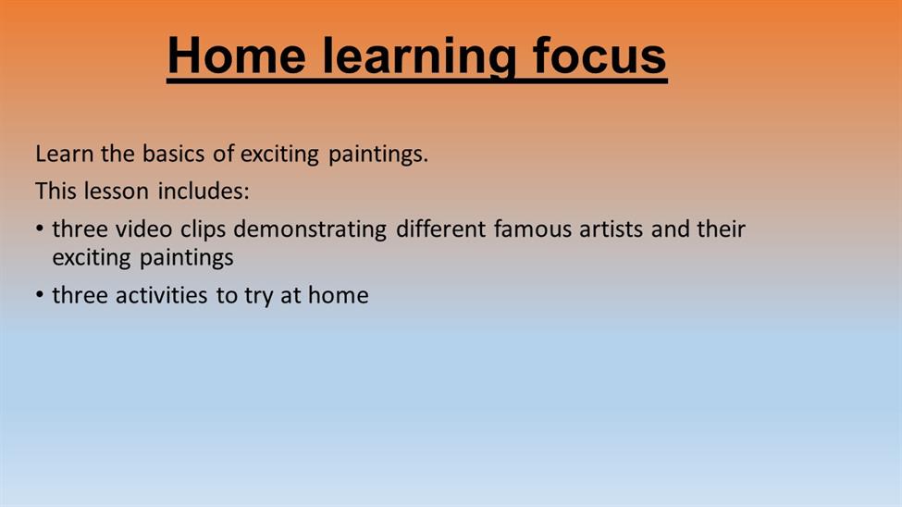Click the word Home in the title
(x=237, y=56)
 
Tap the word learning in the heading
(x=419, y=57)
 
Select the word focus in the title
(x=599, y=56)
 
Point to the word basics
(x=173, y=154)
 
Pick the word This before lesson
(x=56, y=191)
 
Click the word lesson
(x=117, y=191)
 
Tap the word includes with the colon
(x=204, y=191)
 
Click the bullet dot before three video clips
(x=40, y=229)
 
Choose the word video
(x=143, y=229)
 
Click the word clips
(x=203, y=230)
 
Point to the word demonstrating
(x=310, y=230)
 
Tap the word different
(x=441, y=229)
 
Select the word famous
(x=533, y=229)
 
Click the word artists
(x=611, y=229)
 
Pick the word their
(x=722, y=229)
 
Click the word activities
(x=162, y=295)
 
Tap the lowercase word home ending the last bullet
(x=339, y=295)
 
